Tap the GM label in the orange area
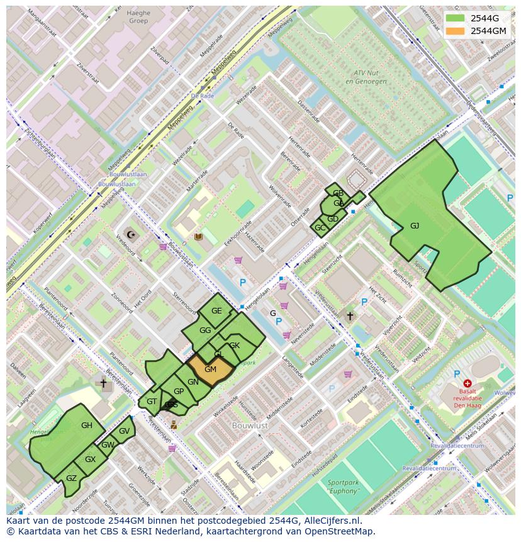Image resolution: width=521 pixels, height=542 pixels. coord(210,370)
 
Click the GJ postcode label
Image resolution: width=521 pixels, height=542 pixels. coord(415,226)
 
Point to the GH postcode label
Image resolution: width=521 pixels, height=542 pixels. coord(87,426)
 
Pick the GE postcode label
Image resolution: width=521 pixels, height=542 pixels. coord(216,311)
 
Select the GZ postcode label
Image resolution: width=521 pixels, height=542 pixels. coord(71,478)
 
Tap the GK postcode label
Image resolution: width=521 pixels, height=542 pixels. coord(234,346)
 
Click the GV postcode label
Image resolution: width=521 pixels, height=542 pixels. coord(124,431)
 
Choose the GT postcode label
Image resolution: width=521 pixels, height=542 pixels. coord(152,402)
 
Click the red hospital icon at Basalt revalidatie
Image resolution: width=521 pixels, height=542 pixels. coord(467,383)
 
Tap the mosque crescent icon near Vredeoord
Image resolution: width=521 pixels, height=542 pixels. coord(132,235)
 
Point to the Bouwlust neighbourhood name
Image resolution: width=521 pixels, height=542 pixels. coord(250,426)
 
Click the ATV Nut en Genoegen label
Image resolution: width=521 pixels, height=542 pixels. coord(366,77)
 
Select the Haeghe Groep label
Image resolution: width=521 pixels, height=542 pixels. coord(138,16)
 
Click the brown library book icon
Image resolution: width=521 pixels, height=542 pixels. coord(199,237)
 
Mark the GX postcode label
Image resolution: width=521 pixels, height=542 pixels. coord(90,460)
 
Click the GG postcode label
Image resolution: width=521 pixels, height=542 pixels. coord(205,330)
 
